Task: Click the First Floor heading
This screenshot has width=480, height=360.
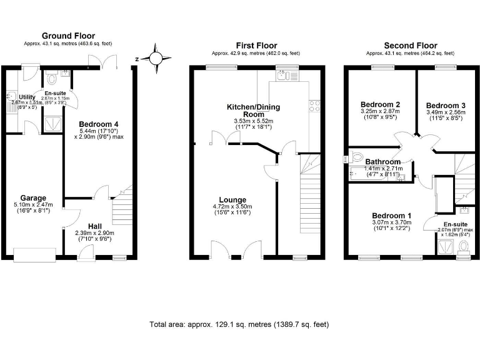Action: [x=256, y=45]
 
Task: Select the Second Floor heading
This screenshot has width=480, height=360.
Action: [x=410, y=45]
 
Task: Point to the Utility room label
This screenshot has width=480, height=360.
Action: [x=27, y=97]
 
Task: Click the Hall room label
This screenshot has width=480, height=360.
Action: [x=95, y=226]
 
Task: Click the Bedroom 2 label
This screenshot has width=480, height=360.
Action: [x=380, y=104]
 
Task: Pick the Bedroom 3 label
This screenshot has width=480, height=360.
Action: [x=445, y=105]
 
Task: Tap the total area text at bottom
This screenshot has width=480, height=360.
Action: [x=239, y=325]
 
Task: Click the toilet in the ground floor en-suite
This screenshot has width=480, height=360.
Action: [x=51, y=80]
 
